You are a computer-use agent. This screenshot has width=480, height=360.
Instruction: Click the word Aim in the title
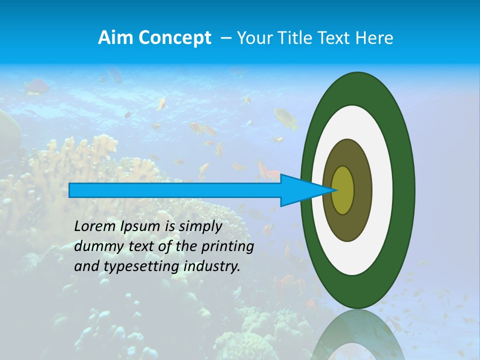[x=113, y=38]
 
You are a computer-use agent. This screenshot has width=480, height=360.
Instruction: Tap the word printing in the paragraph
[x=226, y=246]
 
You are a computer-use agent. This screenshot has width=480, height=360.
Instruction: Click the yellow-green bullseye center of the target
[x=343, y=190]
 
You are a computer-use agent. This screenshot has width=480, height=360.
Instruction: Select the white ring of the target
[x=382, y=190]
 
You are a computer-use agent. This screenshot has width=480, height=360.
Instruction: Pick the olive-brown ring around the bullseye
[x=363, y=190]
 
